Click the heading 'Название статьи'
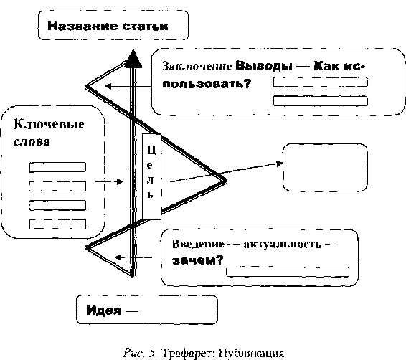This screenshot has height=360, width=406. tap(108, 26)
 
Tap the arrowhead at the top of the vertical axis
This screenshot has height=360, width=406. tap(133, 59)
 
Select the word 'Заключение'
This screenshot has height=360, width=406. tap(197, 66)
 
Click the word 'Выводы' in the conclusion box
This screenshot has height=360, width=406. tap(264, 66)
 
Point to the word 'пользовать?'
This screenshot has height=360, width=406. tap(207, 84)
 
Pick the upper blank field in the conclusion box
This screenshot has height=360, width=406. tap(321, 82)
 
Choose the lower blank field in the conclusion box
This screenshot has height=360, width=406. tap(321, 101)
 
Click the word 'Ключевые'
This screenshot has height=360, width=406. tap(49, 125)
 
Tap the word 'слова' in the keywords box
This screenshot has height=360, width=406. tap(32, 142)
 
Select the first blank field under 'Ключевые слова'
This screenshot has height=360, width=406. tap(57, 167)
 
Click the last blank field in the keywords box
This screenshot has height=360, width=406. tap(57, 224)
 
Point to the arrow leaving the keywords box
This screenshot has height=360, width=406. tap(109, 181)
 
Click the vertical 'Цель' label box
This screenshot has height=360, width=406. tap(152, 176)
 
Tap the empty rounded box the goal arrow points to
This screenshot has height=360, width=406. tap(325, 167)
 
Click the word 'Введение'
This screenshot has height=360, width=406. tap(199, 244)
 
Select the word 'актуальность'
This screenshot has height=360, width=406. tap(282, 245)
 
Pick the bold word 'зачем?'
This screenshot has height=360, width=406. tap(197, 260)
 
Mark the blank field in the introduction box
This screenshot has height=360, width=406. tap(288, 272)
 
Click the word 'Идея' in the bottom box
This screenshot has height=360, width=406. tap(103, 310)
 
